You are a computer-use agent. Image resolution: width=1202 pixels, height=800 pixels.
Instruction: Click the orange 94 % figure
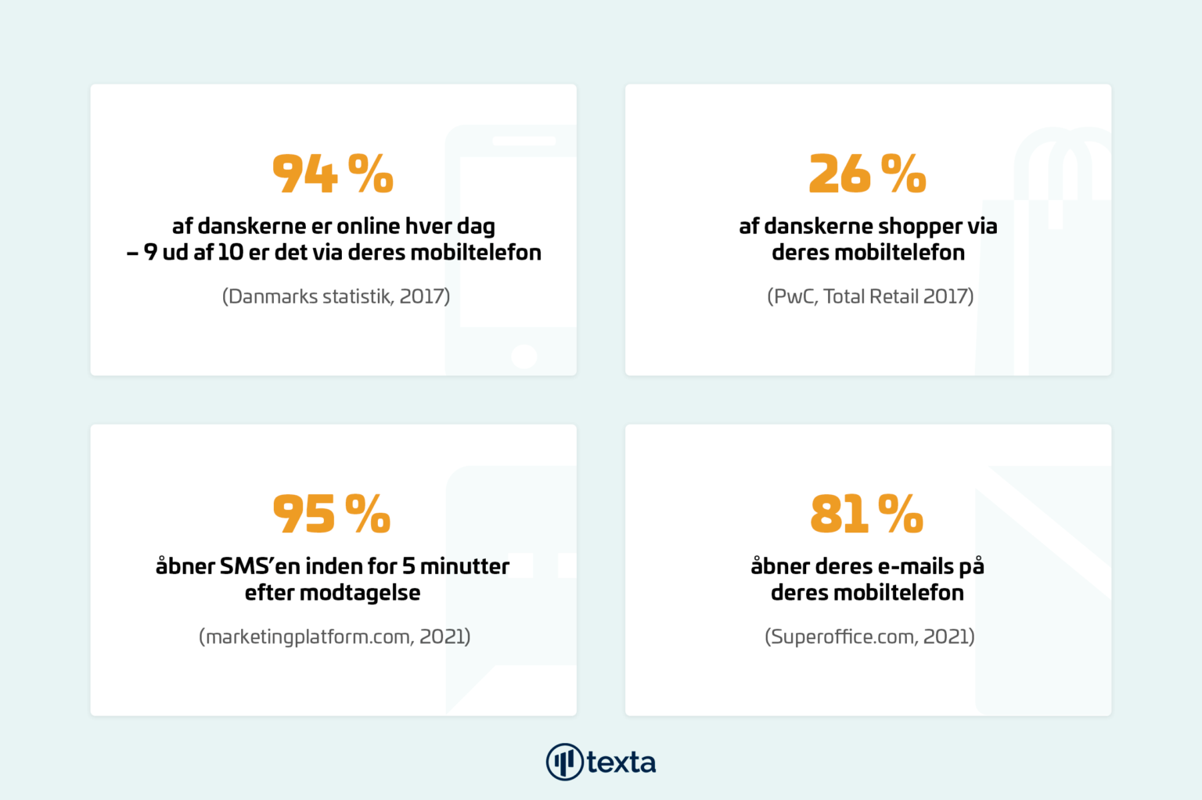[333, 173]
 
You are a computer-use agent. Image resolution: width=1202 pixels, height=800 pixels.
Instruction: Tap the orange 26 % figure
[867, 173]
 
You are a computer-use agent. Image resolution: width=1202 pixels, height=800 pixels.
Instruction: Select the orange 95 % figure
[332, 514]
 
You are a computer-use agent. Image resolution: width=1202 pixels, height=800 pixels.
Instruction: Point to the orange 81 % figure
[867, 514]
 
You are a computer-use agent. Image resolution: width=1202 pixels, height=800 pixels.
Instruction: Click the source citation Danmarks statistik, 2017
[336, 296]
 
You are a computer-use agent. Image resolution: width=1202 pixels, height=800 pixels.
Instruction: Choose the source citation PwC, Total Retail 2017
[870, 296]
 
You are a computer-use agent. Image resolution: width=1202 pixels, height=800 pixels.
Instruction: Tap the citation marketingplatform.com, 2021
[335, 637]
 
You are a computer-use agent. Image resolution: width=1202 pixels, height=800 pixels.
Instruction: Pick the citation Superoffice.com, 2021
[869, 637]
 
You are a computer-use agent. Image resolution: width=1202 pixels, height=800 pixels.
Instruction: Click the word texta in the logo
[621, 762]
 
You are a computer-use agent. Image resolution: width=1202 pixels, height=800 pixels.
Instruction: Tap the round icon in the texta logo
[564, 762]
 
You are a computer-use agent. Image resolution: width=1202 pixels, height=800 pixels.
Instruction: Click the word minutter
[465, 566]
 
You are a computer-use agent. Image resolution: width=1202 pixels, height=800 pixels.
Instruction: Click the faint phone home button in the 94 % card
[524, 357]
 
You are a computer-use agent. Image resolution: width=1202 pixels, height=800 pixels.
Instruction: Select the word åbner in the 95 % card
[185, 566]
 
